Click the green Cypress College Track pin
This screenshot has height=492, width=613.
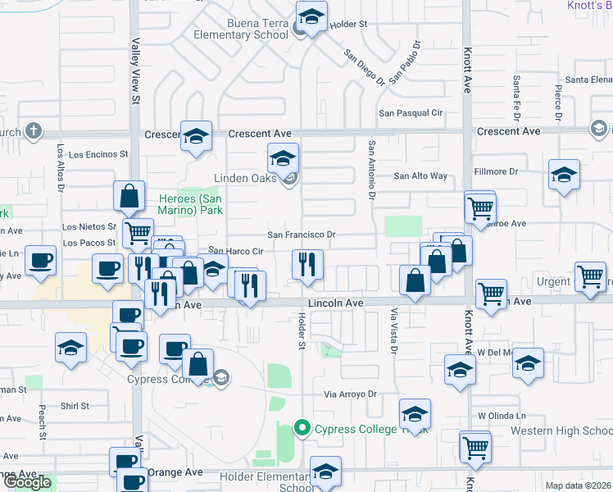coord(302,427)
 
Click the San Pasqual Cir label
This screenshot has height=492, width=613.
coord(410,113)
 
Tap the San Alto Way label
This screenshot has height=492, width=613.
coord(420,175)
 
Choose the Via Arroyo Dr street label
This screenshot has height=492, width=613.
coord(349,394)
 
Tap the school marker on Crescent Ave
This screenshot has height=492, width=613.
coord(197,136)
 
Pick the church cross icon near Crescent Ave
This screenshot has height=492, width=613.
coord(33,130)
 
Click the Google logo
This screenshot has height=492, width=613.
coord(27,482)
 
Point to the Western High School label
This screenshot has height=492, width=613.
coord(561,430)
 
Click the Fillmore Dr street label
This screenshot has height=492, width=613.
coord(497,172)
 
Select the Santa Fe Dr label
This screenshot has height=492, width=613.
coord(516,93)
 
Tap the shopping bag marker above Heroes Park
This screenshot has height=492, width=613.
coord(129,197)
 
